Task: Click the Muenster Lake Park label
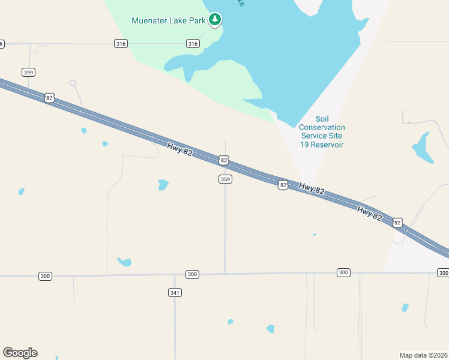169,20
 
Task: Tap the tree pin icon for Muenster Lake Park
215,20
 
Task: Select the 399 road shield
28,72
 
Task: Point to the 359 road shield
225,179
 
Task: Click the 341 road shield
175,292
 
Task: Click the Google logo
20,353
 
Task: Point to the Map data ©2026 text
423,355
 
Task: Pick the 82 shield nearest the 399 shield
49,97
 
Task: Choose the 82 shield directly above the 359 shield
224,160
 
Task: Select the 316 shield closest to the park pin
193,44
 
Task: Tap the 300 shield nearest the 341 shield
192,274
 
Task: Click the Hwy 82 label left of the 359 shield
179,149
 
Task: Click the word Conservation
322,127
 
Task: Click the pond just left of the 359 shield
163,185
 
